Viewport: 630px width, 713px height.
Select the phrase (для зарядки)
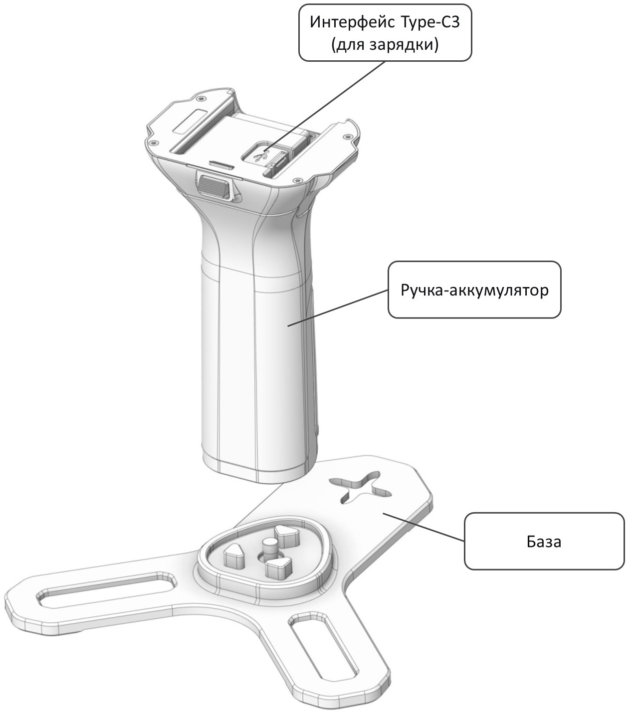click(385, 45)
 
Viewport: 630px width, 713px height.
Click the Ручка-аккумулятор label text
click(474, 290)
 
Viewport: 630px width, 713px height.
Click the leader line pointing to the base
click(424, 527)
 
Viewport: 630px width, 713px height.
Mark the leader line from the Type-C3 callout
click(325, 105)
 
